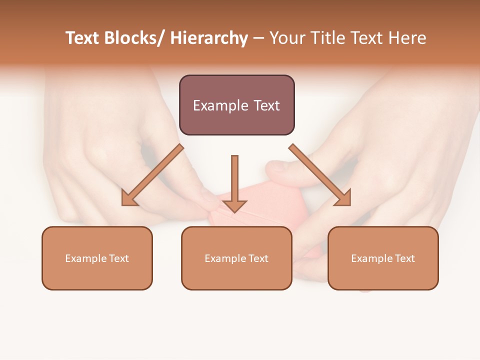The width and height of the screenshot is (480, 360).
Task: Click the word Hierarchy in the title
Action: click(209, 38)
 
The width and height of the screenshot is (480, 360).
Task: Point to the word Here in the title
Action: click(408, 38)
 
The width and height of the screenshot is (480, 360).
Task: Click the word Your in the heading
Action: click(286, 38)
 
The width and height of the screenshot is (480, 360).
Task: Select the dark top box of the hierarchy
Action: click(236, 105)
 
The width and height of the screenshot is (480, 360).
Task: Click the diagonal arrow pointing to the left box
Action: click(152, 175)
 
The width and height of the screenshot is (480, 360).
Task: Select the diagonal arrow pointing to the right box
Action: click(320, 175)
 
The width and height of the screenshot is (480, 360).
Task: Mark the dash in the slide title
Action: click(258, 39)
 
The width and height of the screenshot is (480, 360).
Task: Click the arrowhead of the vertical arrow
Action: click(234, 205)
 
